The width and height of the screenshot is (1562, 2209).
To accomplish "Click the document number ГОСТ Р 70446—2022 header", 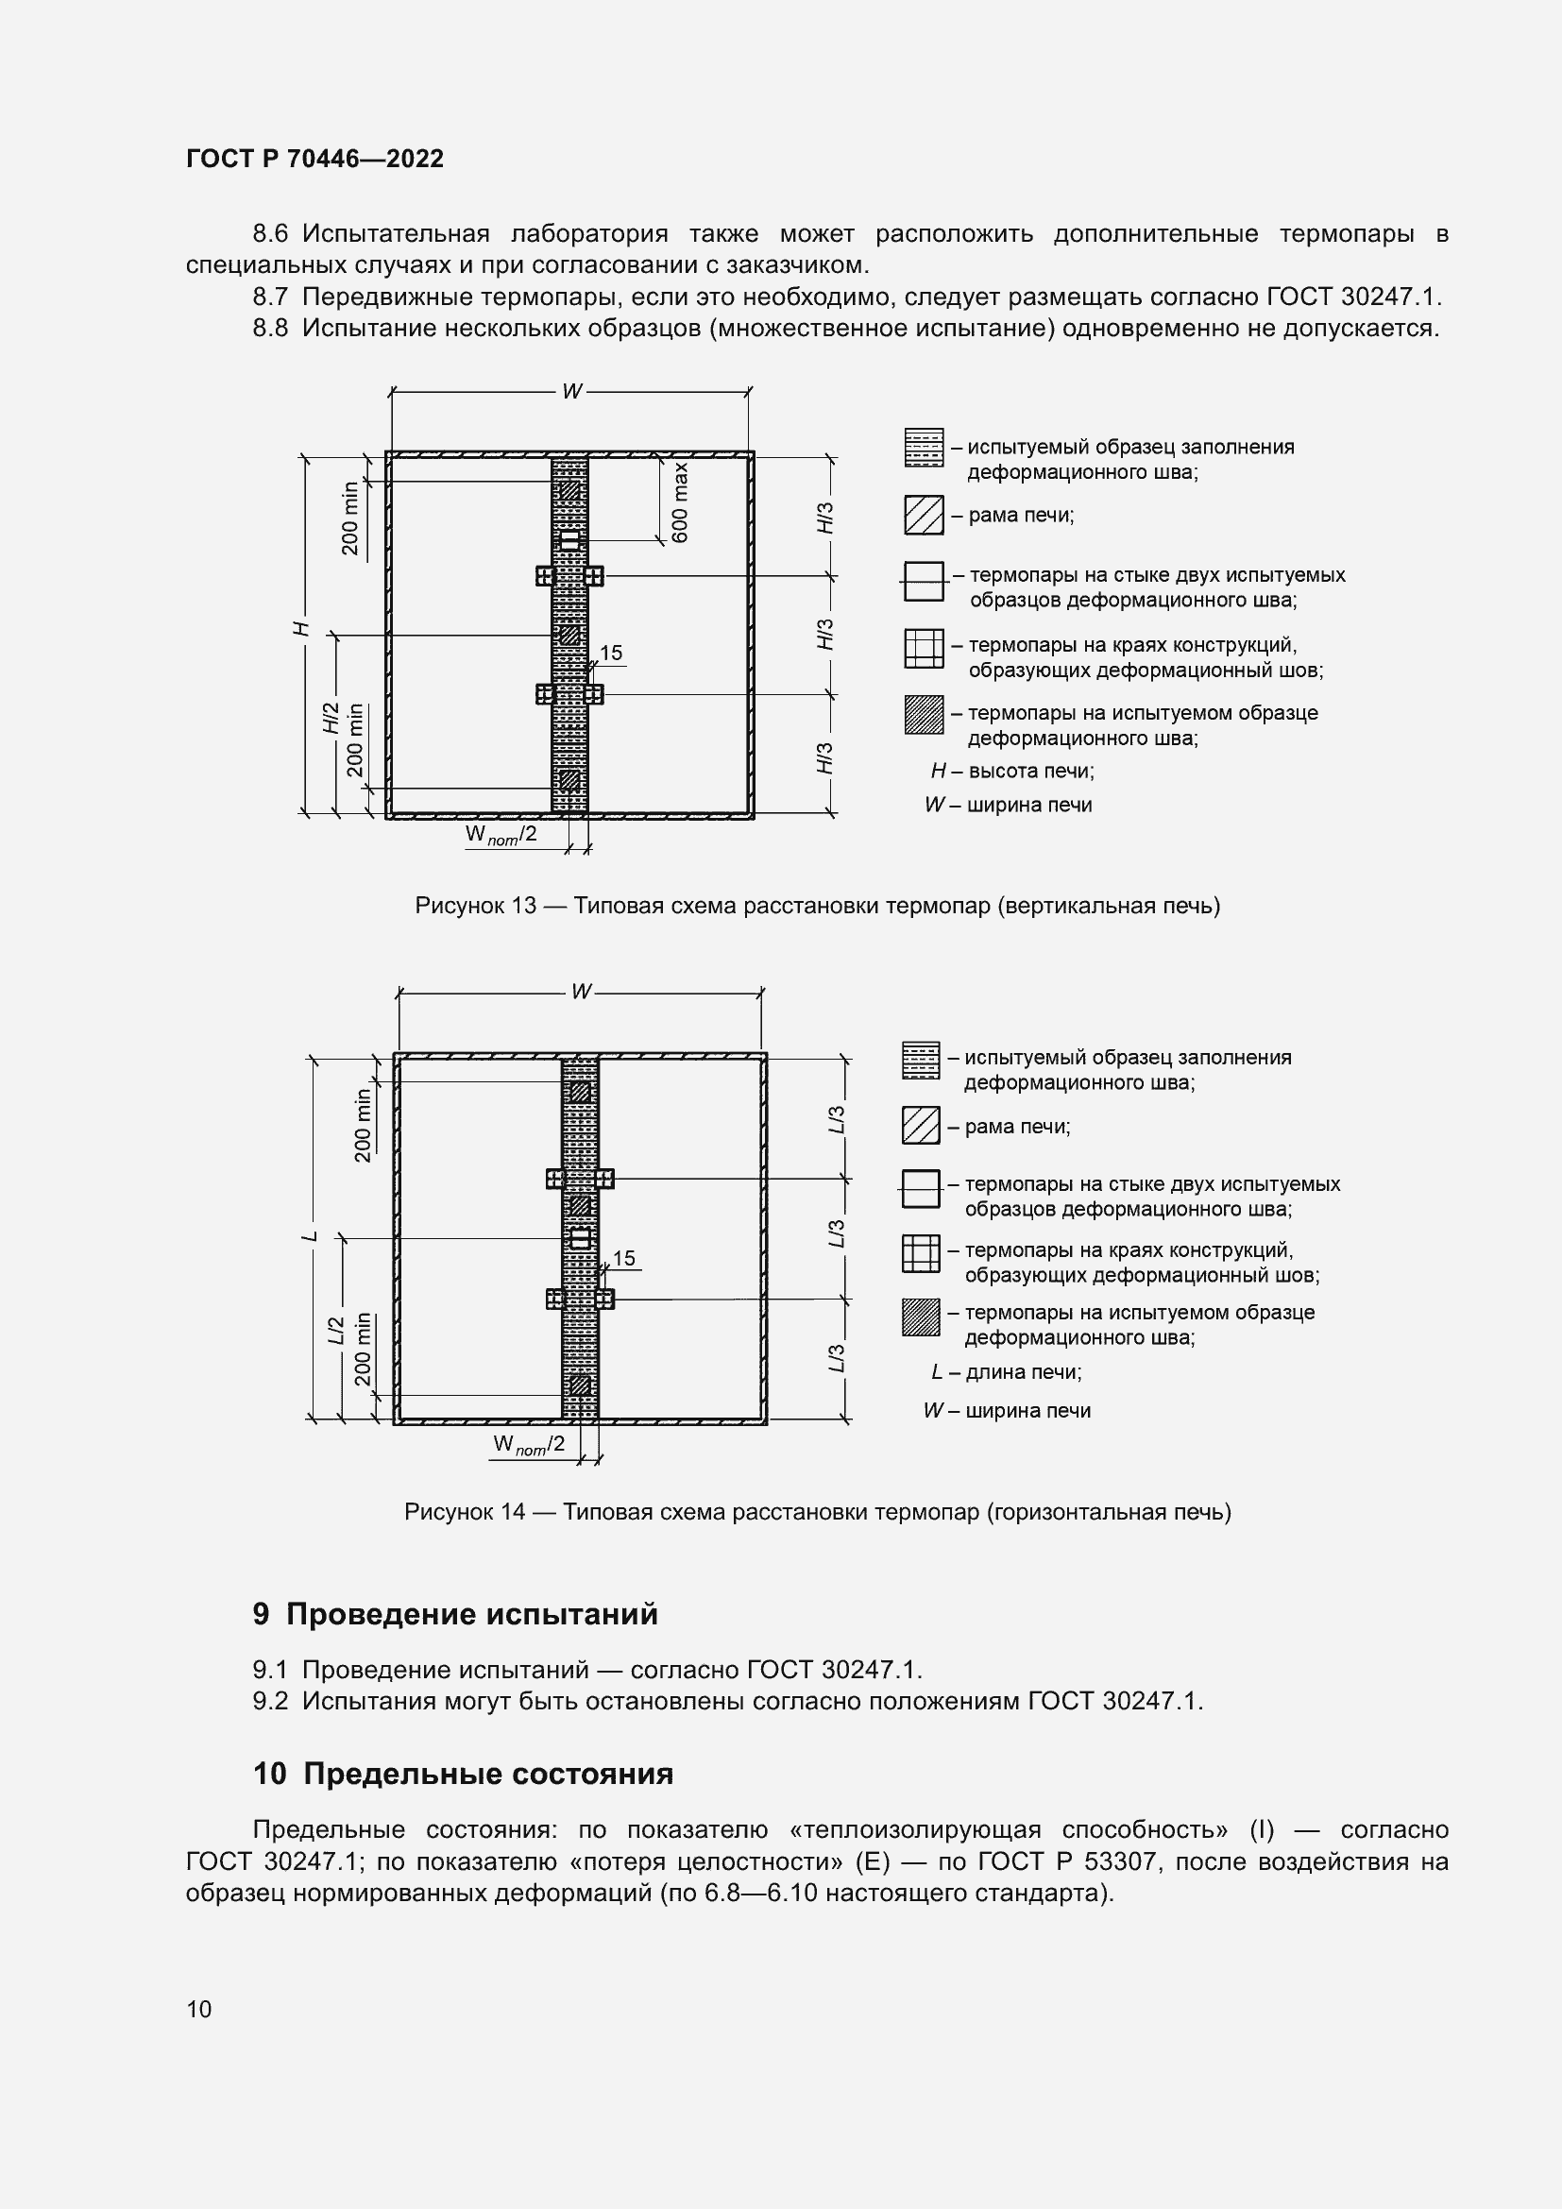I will pyautogui.click(x=314, y=159).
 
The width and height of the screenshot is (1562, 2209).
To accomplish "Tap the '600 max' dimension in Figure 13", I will pyautogui.click(x=680, y=502).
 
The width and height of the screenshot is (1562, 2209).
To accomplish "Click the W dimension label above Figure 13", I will pyautogui.click(x=572, y=392).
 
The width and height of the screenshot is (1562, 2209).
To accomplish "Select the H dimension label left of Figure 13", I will pyautogui.click(x=302, y=628).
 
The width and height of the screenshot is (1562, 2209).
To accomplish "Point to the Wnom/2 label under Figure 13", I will pyautogui.click(x=501, y=835).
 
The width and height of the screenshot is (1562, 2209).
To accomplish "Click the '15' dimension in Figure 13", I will pyautogui.click(x=611, y=654).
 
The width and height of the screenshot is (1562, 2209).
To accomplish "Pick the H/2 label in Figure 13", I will pyautogui.click(x=331, y=718).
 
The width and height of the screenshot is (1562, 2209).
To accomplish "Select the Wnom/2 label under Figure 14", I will pyautogui.click(x=528, y=1444).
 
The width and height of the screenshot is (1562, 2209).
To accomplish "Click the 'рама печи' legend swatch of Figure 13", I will pyautogui.click(x=924, y=515).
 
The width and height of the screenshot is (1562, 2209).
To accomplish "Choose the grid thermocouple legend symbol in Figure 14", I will pyautogui.click(x=921, y=1252).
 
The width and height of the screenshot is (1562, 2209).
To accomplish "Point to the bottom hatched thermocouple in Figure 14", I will pyautogui.click(x=580, y=1385).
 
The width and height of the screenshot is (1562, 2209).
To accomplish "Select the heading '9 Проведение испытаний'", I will pyautogui.click(x=455, y=1613).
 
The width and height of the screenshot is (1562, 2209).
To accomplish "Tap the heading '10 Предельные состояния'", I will pyautogui.click(x=463, y=1774).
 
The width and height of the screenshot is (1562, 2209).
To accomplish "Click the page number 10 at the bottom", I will pyautogui.click(x=199, y=2008).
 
